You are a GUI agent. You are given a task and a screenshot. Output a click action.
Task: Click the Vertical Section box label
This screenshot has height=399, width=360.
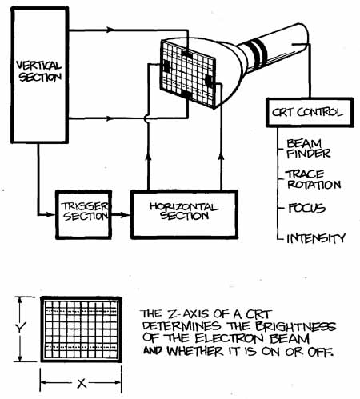(x=39, y=71)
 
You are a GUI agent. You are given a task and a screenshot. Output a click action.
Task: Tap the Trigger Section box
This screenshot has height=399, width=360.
(x=83, y=214)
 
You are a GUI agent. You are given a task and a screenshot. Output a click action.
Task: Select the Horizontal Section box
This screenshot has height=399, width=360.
(x=184, y=214)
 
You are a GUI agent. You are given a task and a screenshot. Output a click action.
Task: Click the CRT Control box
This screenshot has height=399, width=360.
(x=310, y=112)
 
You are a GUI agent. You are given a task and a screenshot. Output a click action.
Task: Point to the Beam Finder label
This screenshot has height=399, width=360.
(x=308, y=149)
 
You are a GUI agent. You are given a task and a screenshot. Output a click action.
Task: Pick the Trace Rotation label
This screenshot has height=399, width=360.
(x=314, y=180)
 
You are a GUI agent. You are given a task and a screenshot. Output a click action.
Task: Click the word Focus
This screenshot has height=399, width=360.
(x=307, y=208)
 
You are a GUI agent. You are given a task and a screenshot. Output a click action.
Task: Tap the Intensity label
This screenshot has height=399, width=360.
(x=316, y=238)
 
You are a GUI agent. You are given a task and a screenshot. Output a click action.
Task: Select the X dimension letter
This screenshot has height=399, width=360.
(x=82, y=384)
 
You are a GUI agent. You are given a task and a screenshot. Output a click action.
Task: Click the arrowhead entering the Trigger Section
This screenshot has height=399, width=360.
(x=50, y=214)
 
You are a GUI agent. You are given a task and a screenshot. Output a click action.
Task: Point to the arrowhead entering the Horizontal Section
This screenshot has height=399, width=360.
(x=125, y=214)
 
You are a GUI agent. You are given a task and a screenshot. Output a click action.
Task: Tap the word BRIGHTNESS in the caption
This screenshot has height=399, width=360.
(x=295, y=326)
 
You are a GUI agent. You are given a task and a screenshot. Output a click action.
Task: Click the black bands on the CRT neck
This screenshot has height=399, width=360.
(x=257, y=50)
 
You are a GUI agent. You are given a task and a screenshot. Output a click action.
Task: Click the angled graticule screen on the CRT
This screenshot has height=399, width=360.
(x=188, y=74)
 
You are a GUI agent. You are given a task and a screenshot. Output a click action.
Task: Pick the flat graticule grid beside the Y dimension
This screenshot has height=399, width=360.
(x=81, y=329)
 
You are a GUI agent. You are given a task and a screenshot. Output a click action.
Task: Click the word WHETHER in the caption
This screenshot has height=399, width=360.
(x=195, y=351)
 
